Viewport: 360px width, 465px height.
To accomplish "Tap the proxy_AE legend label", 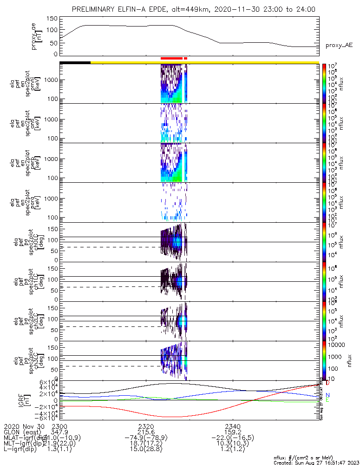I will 340,46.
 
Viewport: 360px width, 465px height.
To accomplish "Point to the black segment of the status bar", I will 75,62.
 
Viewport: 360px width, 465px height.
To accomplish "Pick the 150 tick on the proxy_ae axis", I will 52,19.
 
